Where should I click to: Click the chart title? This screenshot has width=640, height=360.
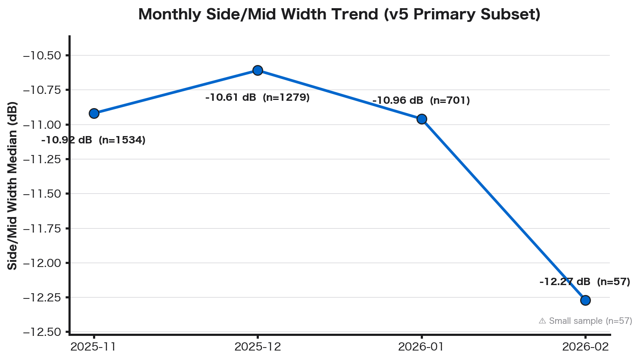pos(339,15)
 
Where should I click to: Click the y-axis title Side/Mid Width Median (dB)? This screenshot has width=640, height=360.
pos(12,186)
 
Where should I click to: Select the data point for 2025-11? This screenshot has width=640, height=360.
pos(94,113)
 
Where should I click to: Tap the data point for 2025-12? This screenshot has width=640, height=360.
pos(258,70)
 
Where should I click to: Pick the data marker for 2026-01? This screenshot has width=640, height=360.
pos(422,119)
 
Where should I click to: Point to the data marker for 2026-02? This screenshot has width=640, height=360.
pos(585,300)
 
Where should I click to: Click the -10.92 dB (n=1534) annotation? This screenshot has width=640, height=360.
pos(93,140)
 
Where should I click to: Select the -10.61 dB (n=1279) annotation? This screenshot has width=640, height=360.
pos(258,97)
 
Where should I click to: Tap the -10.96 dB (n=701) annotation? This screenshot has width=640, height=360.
pos(421,101)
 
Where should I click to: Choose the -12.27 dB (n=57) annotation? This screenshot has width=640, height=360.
pos(584,282)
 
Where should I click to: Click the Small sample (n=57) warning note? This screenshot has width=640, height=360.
pos(585,321)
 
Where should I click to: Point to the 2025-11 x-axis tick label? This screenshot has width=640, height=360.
pos(93,347)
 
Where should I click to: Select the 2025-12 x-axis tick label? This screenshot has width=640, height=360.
pos(258,347)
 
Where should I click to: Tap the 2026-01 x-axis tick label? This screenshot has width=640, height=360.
pos(421,347)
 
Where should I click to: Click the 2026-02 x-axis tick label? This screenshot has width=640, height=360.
pos(585,347)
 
